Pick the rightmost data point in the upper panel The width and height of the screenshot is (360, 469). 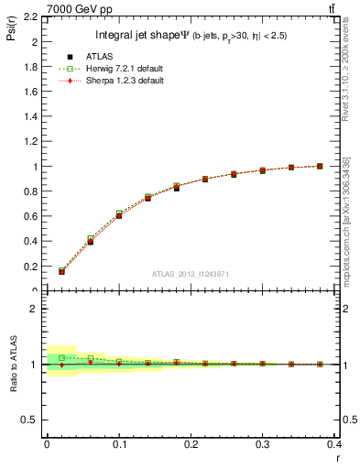[x=320, y=166]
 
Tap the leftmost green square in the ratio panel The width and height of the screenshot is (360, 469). [x=61, y=357]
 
